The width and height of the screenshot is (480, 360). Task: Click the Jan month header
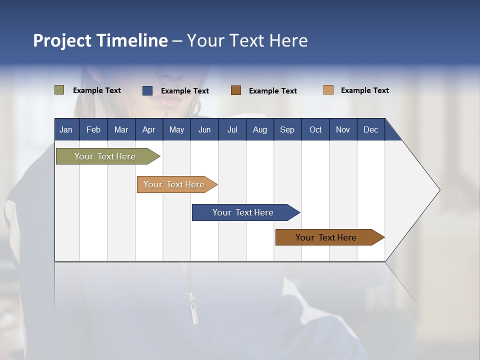click(66, 130)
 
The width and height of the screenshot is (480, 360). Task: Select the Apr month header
click(149, 130)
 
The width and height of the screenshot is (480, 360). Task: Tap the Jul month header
click(232, 130)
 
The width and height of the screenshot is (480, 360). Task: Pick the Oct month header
click(315, 130)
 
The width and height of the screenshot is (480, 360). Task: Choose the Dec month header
click(370, 130)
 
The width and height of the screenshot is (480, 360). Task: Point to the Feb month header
click(93, 130)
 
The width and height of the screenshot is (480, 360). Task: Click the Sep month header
click(287, 130)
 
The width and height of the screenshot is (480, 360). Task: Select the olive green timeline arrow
click(108, 156)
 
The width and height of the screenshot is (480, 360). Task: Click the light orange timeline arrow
click(177, 184)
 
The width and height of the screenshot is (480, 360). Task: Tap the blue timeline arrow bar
click(246, 212)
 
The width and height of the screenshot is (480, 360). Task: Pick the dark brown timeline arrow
click(330, 237)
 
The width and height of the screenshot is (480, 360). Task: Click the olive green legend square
click(59, 89)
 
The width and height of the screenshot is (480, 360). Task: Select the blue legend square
click(147, 90)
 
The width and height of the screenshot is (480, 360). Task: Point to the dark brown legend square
click(236, 90)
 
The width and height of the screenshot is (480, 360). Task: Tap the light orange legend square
click(328, 89)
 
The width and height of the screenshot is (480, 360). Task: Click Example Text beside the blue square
click(185, 91)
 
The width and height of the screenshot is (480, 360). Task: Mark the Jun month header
click(204, 130)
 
